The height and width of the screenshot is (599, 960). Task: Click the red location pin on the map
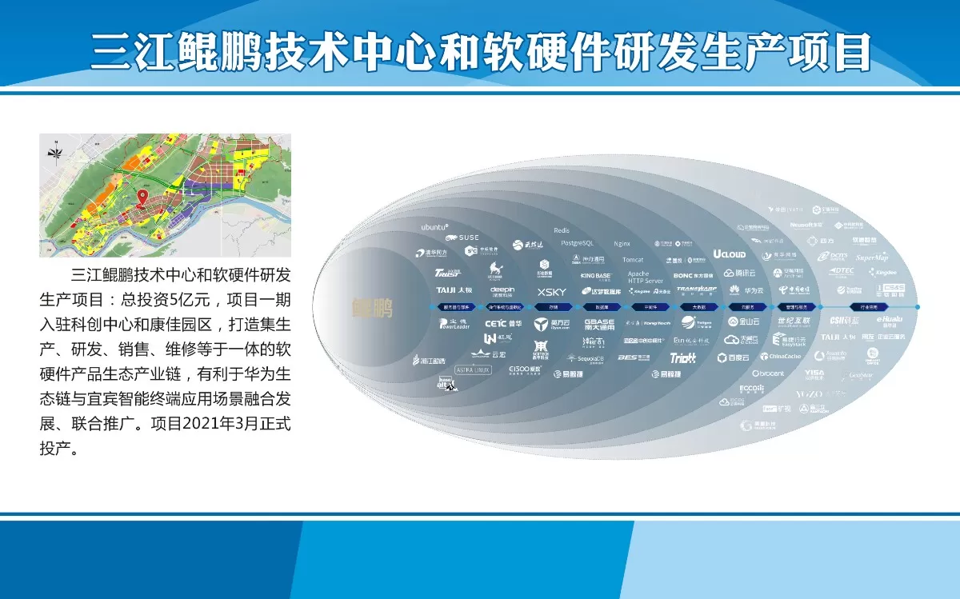[142, 198]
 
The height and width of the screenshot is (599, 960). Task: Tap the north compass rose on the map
[55, 150]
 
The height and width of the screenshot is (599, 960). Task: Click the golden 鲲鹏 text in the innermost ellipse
[373, 307]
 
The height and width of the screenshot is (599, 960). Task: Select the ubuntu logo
[435, 227]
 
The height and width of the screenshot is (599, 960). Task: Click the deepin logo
[502, 290]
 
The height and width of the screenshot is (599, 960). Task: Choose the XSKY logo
[551, 292]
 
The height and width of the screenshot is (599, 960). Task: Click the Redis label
[562, 231]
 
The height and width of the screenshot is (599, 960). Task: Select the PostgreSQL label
[577, 242]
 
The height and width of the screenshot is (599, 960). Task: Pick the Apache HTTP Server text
[645, 278]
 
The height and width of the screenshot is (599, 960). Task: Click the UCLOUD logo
[729, 254]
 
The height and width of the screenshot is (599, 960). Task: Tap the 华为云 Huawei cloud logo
[745, 291]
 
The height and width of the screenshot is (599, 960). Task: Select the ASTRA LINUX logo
[471, 369]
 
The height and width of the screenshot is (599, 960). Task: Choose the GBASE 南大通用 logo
[599, 324]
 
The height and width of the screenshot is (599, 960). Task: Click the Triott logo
[682, 358]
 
